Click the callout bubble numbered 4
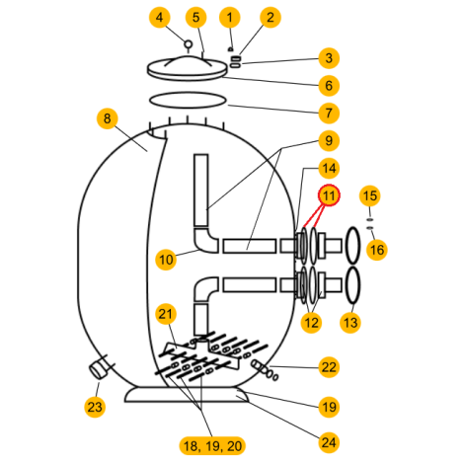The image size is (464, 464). (x=160, y=17)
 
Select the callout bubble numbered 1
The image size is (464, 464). (x=230, y=17)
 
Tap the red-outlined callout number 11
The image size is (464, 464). (x=329, y=195)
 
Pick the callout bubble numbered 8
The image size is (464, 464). (x=108, y=118)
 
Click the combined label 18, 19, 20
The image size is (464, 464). (x=212, y=446)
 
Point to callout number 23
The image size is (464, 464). (x=95, y=407)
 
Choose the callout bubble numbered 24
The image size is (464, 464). (x=329, y=442)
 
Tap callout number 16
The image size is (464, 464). (x=377, y=250)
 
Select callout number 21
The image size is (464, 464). (x=166, y=314)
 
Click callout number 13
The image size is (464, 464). (x=350, y=323)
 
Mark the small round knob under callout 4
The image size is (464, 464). (x=188, y=43)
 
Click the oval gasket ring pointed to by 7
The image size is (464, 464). (x=188, y=100)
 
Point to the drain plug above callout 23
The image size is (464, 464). (x=99, y=370)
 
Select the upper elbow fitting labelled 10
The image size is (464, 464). (x=205, y=242)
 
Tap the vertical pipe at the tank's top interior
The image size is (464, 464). (x=200, y=191)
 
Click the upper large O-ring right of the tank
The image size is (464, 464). (x=352, y=245)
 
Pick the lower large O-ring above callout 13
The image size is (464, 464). (x=352, y=285)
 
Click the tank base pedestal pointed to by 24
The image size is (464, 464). (x=187, y=395)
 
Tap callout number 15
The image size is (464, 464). (x=370, y=195)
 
